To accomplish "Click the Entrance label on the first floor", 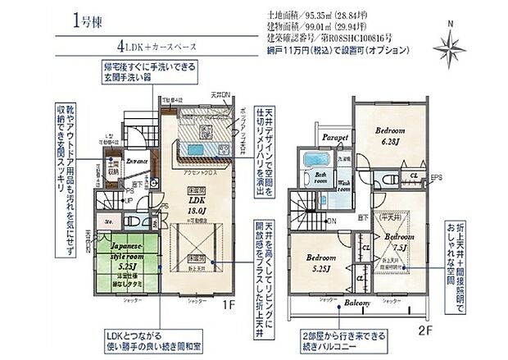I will pos(136,162).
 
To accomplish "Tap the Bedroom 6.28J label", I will pos(390,135).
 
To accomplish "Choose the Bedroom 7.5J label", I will pos(399,243).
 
